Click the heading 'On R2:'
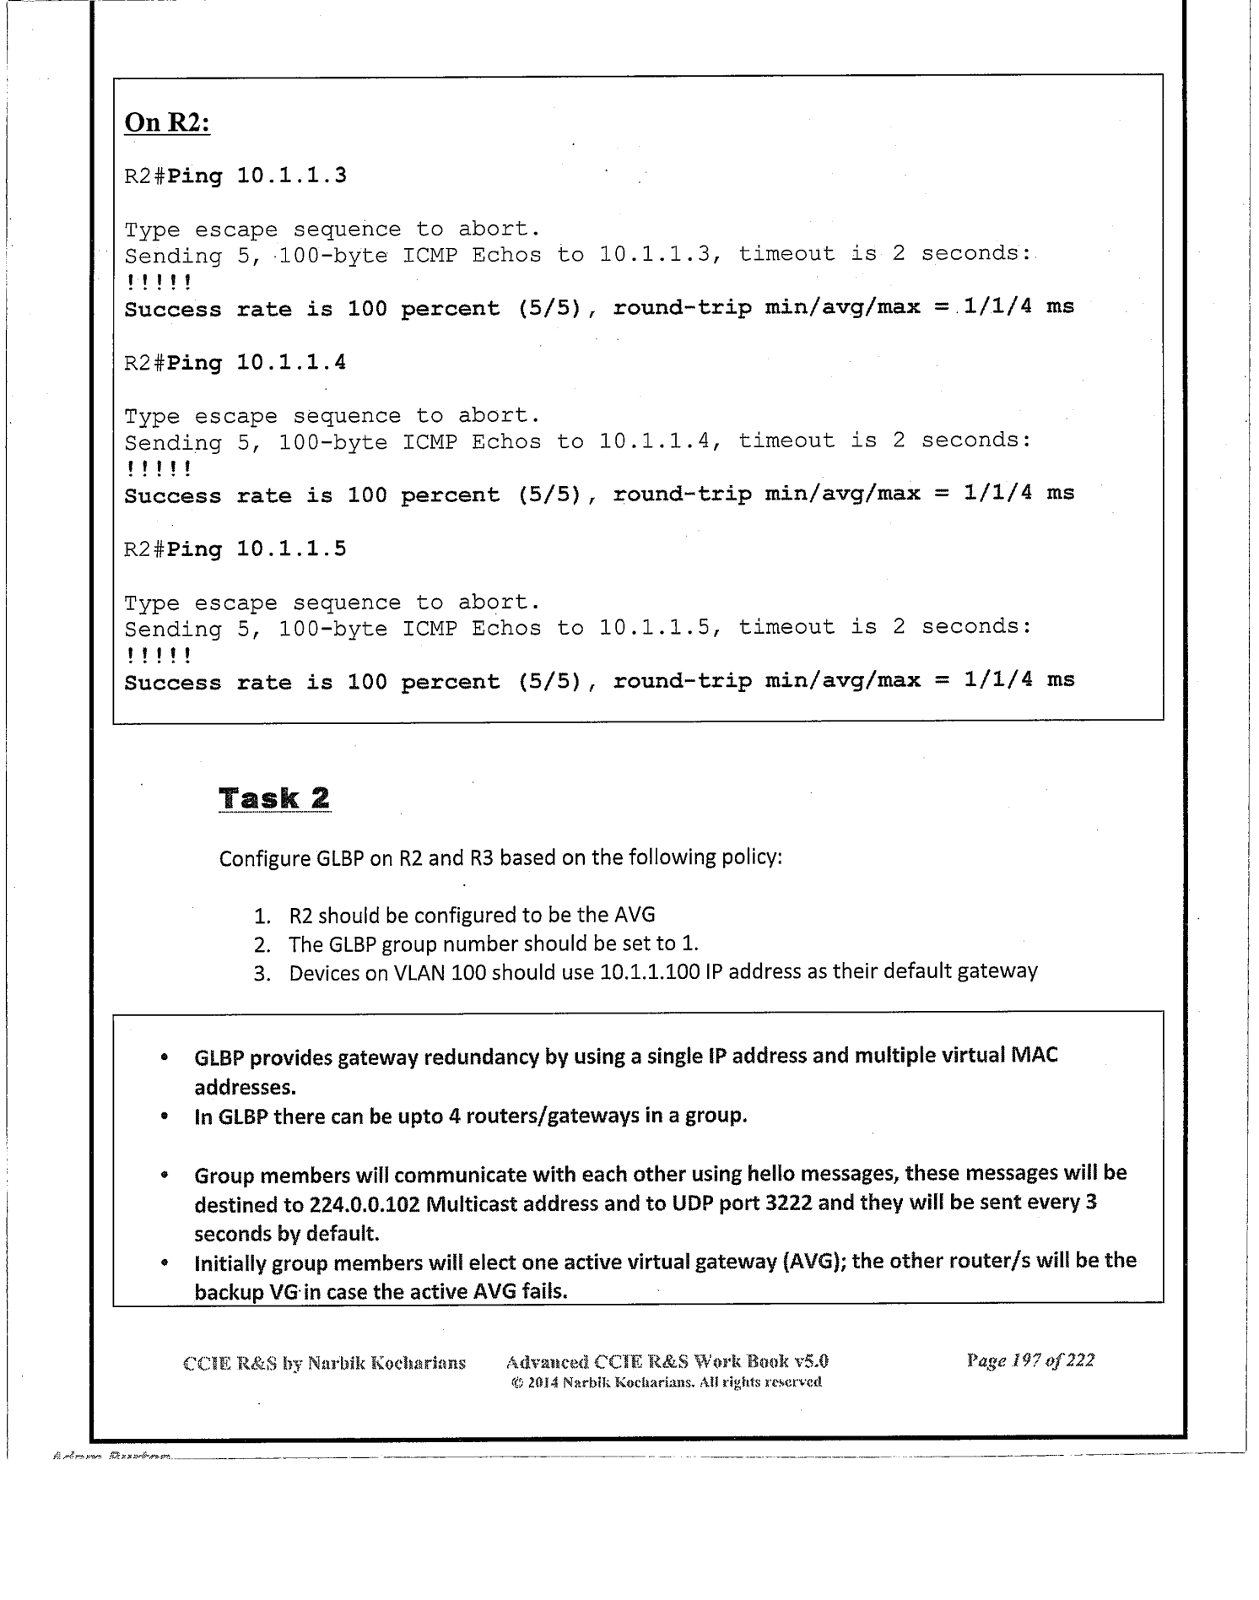167,123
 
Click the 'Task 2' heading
274,798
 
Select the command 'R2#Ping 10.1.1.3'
235,176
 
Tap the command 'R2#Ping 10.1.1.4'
235,363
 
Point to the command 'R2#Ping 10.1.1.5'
235,549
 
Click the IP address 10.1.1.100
650,972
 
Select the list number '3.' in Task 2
262,974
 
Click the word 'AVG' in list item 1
636,915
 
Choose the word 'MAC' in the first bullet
1034,1056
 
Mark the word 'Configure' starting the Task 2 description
264,859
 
